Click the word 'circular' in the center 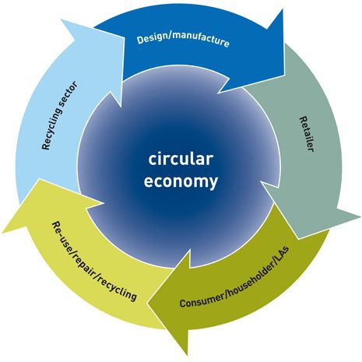tap(181, 159)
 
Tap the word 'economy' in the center tap(181, 181)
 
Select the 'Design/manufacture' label tap(183, 40)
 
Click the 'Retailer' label tap(307, 134)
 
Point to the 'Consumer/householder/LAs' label tap(234, 277)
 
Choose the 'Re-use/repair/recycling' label tap(94, 262)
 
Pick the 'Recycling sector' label tap(59, 115)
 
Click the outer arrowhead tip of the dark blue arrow tap(282, 9)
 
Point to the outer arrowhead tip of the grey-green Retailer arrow tap(360, 215)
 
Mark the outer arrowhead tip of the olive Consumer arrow tap(188, 355)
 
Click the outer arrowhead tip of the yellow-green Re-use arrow tap(2, 233)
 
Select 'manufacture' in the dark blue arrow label tap(201, 40)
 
